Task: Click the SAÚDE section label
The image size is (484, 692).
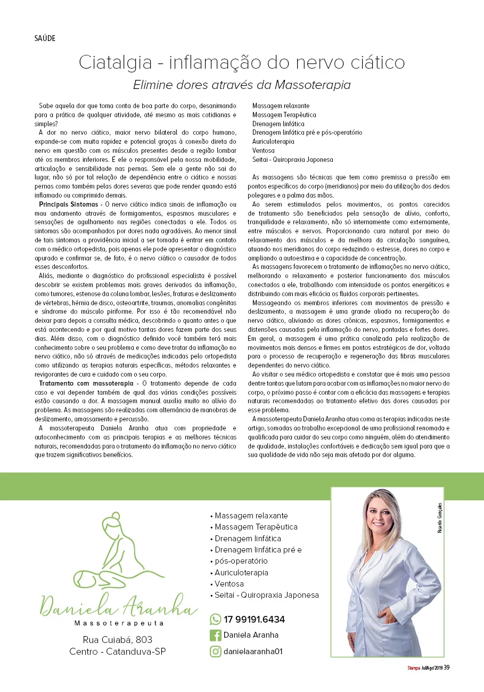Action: pos(44,38)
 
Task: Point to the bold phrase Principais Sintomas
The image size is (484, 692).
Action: pos(69,205)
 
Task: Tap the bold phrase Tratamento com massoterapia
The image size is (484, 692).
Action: pos(86,383)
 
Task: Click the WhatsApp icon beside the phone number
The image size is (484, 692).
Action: pos(216,619)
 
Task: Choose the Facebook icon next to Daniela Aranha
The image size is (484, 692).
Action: pos(216,635)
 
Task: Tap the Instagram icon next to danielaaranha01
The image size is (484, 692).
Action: pos(216,651)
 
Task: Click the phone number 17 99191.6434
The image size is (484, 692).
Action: pos(255,620)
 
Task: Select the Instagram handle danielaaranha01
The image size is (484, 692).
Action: pos(253,651)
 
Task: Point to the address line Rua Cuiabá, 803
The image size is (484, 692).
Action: pos(118,639)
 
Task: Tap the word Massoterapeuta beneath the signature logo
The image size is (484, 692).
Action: pos(118,623)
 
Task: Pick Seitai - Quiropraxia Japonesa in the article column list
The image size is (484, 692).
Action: pos(292,159)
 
